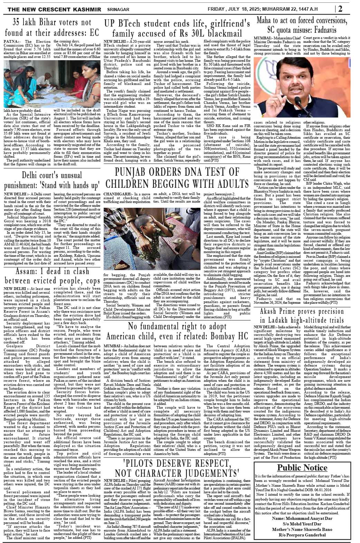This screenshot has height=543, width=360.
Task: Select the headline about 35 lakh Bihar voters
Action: point(51,28)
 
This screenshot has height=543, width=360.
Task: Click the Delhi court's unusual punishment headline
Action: point(51,180)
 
